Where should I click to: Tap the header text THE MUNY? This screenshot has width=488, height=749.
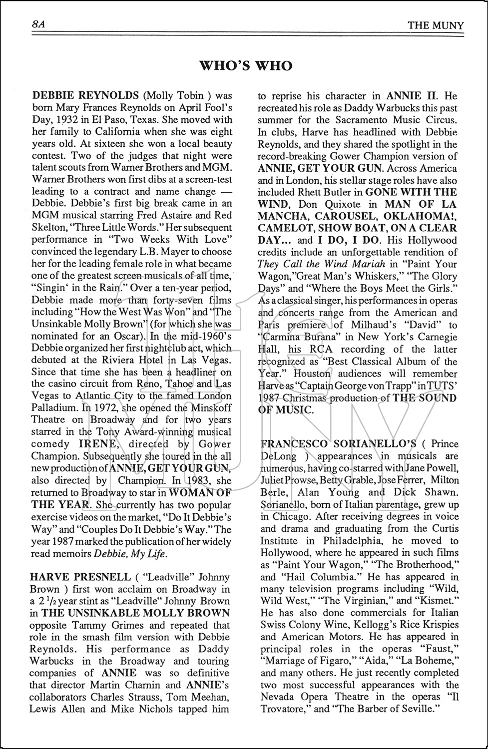point(436,26)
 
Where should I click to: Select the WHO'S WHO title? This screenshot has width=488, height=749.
point(245,66)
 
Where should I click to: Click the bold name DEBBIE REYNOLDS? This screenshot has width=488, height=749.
point(85,96)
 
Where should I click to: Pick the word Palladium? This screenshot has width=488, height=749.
point(53,408)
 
